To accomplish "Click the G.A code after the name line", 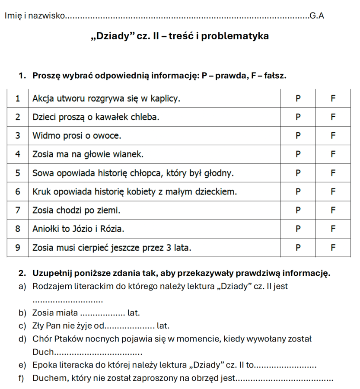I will point(317,16).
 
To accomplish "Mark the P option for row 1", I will point(297,99).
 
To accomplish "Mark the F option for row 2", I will point(333,117).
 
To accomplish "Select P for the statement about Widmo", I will point(297,136).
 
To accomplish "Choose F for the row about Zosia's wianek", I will point(333,154).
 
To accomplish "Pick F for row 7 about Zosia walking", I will point(333,210).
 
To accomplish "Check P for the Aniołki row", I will point(297,229).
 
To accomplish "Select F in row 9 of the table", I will point(333,248).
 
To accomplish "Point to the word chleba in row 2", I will point(146,117).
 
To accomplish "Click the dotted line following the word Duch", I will point(99,353).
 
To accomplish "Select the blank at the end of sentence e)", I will point(286,366).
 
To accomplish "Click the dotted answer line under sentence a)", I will point(67,300).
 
